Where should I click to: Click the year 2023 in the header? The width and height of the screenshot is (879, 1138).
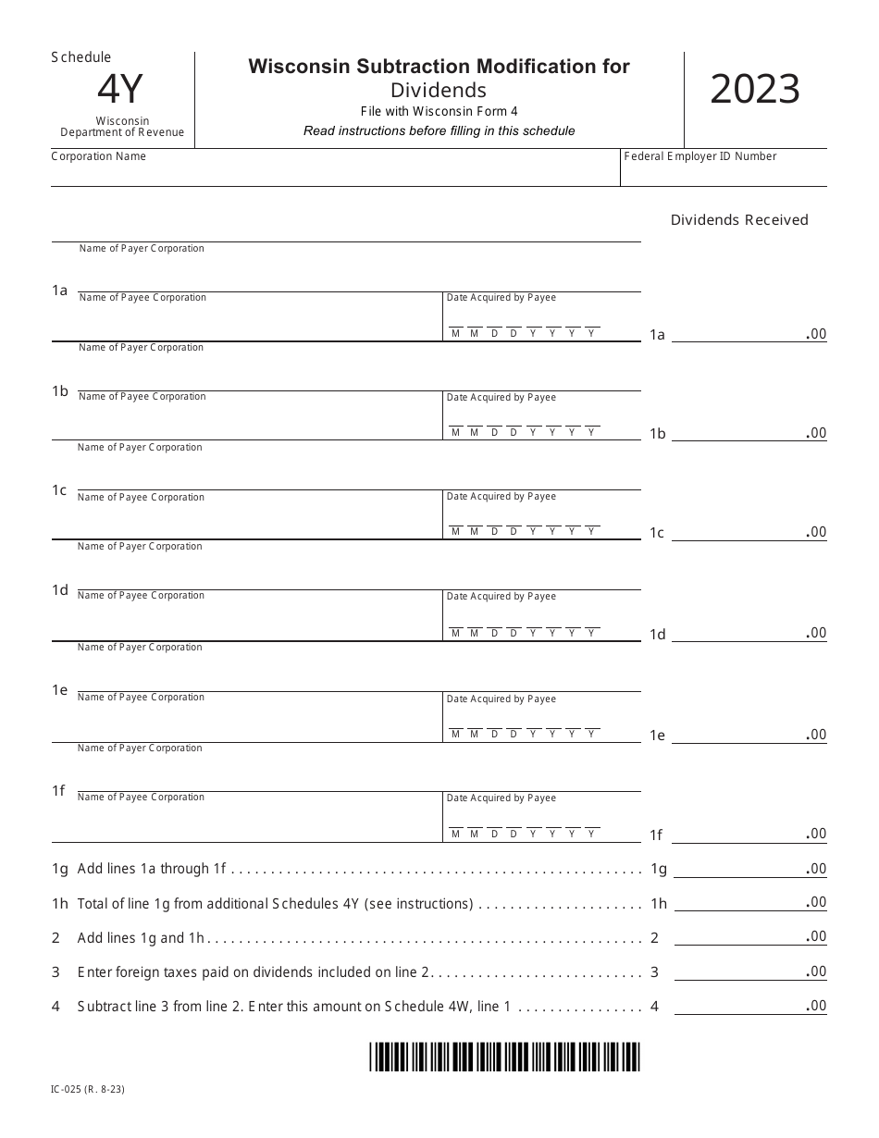click(x=755, y=90)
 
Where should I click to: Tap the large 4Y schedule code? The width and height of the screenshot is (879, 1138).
click(x=120, y=90)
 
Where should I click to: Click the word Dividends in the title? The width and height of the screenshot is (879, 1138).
click(x=439, y=90)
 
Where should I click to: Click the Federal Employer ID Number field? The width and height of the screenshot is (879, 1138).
click(x=724, y=172)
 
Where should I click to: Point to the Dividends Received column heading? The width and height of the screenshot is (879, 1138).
click(x=739, y=219)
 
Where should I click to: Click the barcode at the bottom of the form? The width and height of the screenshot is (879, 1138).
click(x=504, y=1056)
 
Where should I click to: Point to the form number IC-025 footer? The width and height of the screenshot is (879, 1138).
click(x=88, y=1089)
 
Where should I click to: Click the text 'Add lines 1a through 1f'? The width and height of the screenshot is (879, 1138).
click(x=152, y=869)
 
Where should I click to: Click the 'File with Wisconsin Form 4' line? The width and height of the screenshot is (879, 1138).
click(x=439, y=111)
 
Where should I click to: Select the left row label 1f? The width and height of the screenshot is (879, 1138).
click(x=58, y=790)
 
